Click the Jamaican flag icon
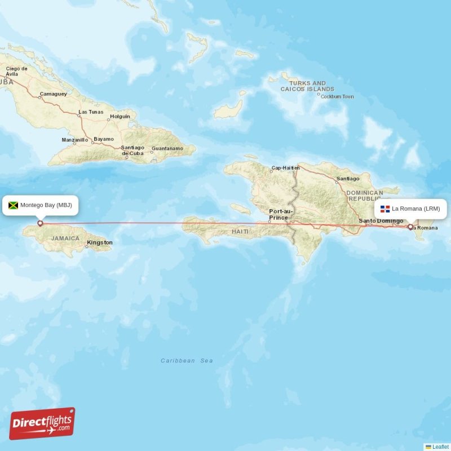(x=13, y=205)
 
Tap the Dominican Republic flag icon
(x=385, y=209)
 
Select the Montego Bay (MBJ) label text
(x=46, y=205)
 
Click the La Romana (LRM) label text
(x=416, y=209)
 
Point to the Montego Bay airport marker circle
(x=40, y=223)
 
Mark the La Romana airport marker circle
(x=410, y=227)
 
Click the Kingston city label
(x=100, y=243)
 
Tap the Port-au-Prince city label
(x=278, y=214)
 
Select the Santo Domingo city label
(x=381, y=220)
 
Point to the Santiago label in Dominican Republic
(x=347, y=179)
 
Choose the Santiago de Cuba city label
(x=132, y=151)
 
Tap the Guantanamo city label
(x=167, y=149)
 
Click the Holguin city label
(x=120, y=117)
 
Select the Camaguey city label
(x=54, y=94)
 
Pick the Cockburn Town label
(x=337, y=96)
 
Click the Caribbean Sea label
(x=187, y=361)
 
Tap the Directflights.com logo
(x=42, y=423)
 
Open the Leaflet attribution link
(x=440, y=446)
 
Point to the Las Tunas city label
(x=91, y=112)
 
